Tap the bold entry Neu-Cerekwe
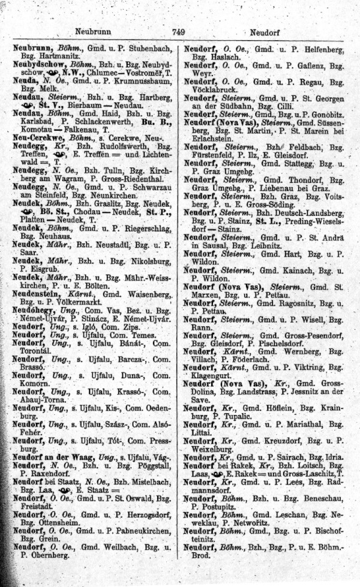(x=36, y=137)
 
